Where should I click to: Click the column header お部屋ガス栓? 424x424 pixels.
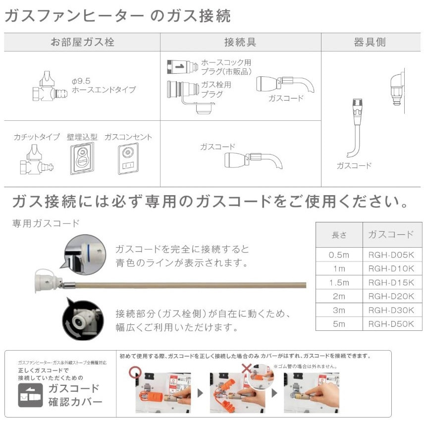(82, 42)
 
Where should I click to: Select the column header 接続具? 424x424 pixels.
(240, 42)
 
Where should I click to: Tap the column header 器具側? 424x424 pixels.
(370, 42)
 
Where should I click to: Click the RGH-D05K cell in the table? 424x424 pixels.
(391, 255)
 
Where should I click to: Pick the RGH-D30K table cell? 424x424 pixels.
(391, 310)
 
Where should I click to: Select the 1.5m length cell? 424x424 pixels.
(339, 282)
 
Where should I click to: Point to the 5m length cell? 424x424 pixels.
(339, 324)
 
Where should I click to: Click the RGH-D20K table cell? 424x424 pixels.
(391, 296)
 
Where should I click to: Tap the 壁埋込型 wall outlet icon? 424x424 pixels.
(81, 159)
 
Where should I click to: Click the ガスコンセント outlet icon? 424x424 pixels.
(128, 159)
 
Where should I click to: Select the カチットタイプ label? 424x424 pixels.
(37, 137)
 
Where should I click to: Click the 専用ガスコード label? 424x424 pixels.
(46, 223)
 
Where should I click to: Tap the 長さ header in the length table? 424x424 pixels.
(339, 234)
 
